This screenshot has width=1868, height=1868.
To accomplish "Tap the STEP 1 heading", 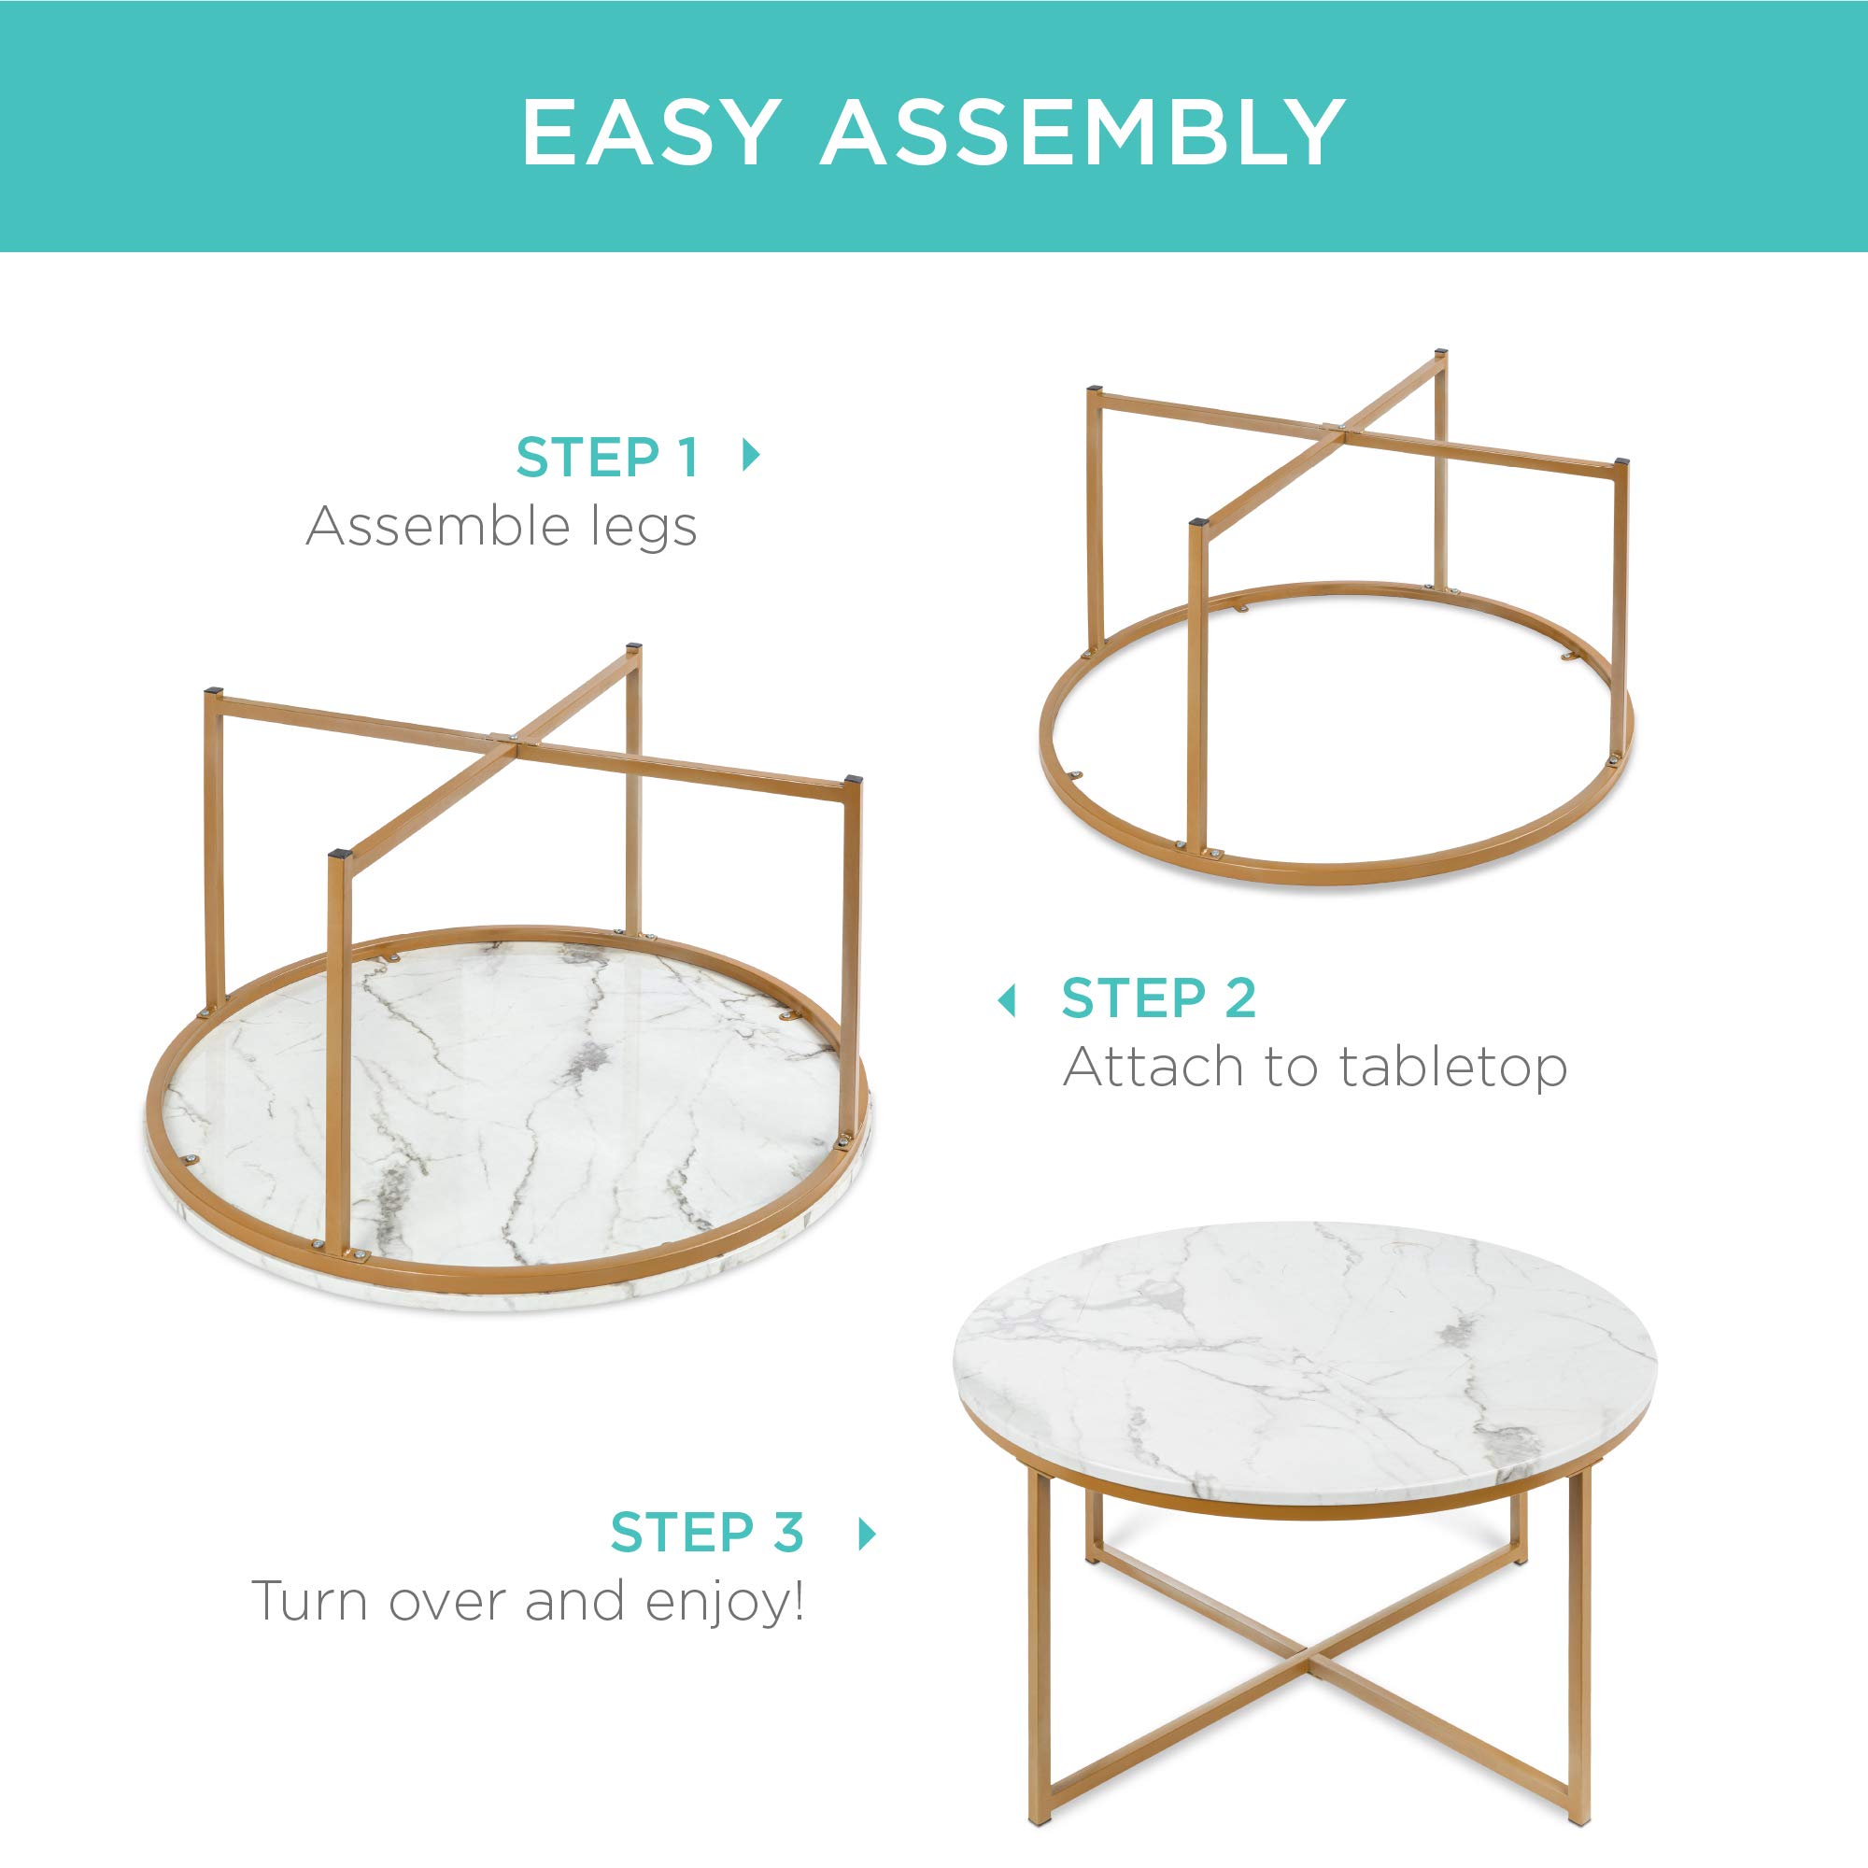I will [x=607, y=458].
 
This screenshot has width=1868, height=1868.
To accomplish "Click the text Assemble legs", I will [x=501, y=528].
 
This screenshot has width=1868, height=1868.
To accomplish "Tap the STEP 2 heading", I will [x=1158, y=998].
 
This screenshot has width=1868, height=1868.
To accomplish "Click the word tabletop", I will [x=1451, y=1068].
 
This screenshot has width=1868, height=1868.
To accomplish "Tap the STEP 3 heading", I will [x=707, y=1533].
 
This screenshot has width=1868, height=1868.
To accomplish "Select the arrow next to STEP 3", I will [x=868, y=1534].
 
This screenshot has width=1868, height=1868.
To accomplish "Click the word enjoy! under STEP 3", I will [x=724, y=1602].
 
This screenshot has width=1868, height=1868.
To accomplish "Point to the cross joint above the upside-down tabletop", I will [x=502, y=741].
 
